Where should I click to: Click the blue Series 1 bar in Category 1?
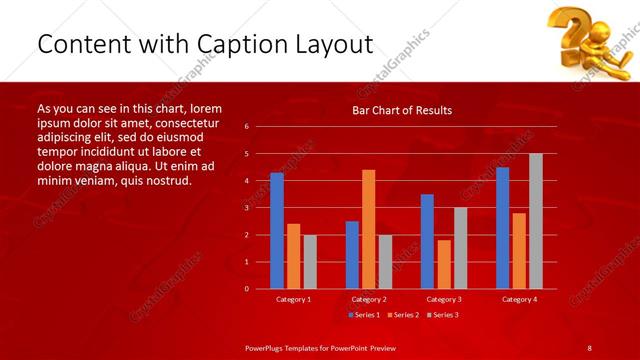[x=276, y=231]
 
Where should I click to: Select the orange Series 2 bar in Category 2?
[x=368, y=229]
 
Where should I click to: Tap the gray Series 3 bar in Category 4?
[x=536, y=221]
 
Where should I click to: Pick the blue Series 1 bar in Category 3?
[x=427, y=241]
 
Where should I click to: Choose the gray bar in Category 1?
[x=310, y=262]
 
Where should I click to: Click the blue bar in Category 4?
[x=502, y=228]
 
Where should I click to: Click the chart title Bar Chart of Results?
[x=402, y=111]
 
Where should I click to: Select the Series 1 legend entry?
[x=365, y=315]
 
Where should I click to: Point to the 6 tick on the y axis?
[x=246, y=127]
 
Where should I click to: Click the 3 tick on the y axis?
[x=246, y=208]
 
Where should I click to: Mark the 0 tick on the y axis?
[x=246, y=289]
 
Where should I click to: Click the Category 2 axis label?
[x=368, y=299]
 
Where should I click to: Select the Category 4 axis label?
[x=519, y=299]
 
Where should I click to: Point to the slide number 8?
[x=589, y=347]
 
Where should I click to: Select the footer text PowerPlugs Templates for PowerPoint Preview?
[x=320, y=347]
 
